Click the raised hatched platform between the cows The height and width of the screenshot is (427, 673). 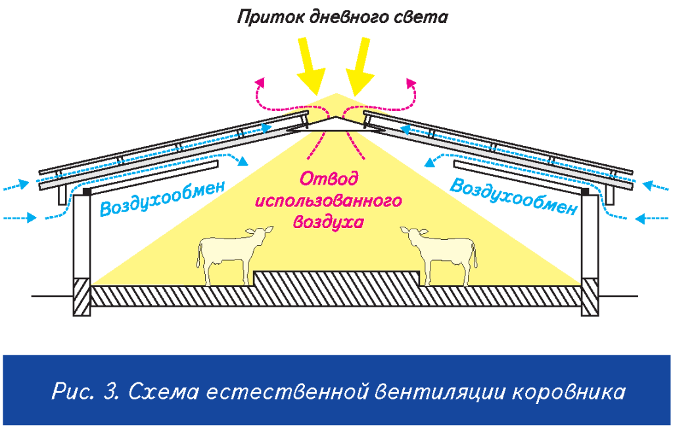click(x=336, y=281)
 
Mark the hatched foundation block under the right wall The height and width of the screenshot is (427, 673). click(x=590, y=297)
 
